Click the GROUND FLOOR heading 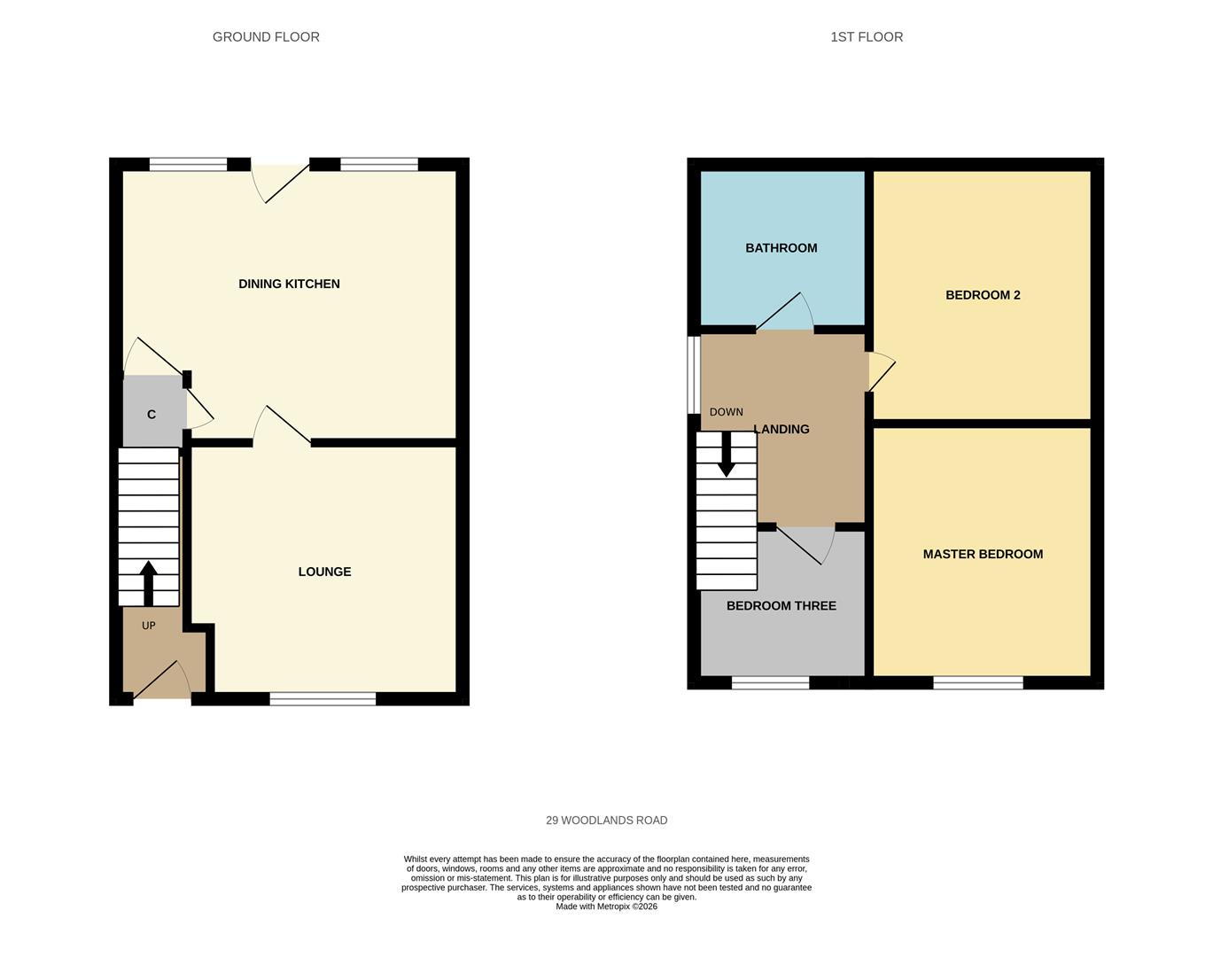coord(266,37)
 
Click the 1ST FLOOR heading coord(867,37)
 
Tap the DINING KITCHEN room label coord(289,284)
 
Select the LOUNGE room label coord(324,572)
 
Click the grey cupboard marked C coord(152,413)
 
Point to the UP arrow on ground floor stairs coord(148,582)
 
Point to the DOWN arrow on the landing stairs coord(726,454)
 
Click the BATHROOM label coord(781,248)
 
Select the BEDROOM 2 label coord(983,295)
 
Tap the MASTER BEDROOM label coord(983,555)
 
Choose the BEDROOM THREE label coord(781,606)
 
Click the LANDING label coord(781,430)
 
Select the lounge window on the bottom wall coord(323,699)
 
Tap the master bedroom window coord(977,682)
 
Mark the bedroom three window coord(770,682)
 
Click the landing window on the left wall coord(694,374)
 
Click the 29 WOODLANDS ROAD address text coord(606,821)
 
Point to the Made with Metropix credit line coord(606,906)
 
